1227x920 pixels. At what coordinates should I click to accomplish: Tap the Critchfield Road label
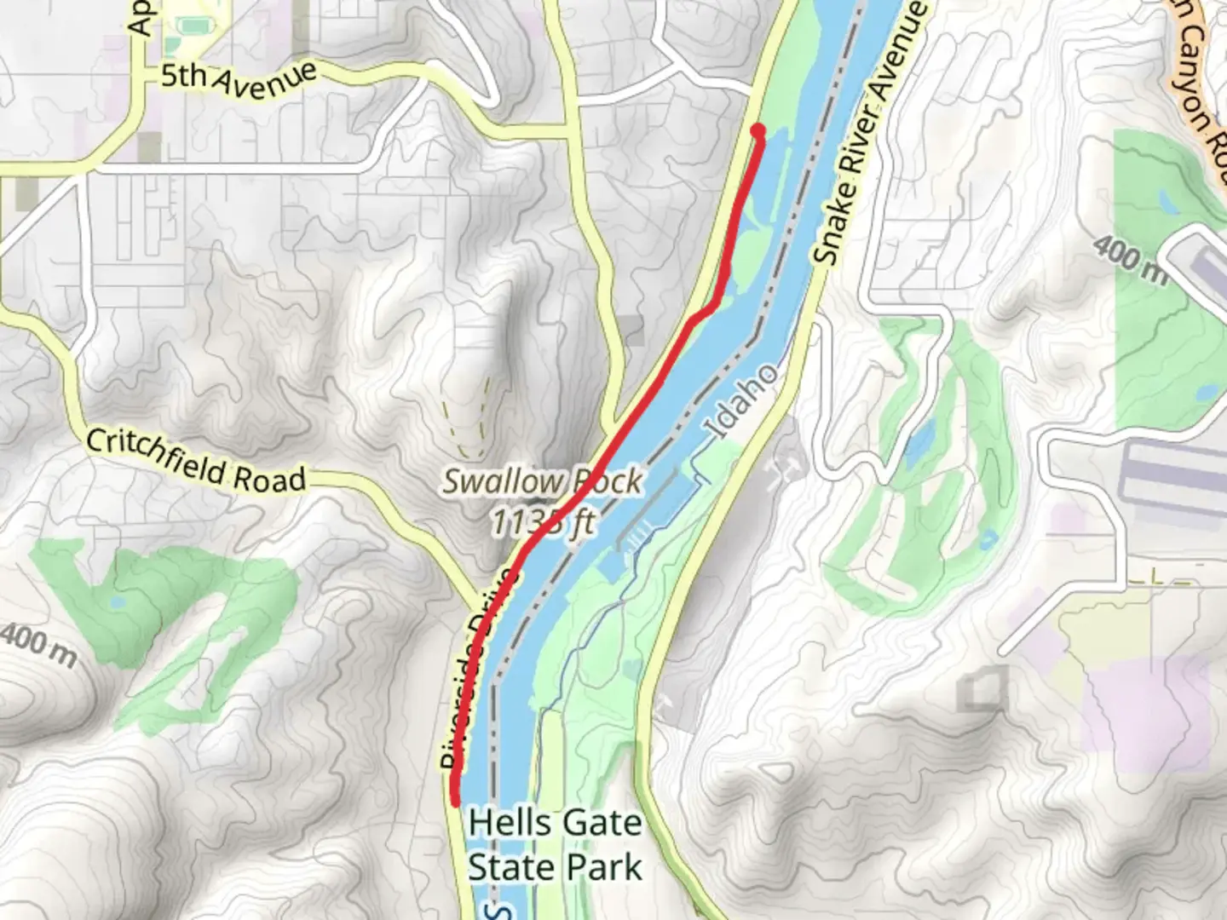(196, 461)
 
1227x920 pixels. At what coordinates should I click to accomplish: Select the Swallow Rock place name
(542, 481)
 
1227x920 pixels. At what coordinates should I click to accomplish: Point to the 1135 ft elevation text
(542, 521)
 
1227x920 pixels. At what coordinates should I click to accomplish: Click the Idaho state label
(742, 402)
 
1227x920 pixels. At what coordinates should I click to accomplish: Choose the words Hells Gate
(555, 823)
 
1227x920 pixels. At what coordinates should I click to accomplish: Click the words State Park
(555, 868)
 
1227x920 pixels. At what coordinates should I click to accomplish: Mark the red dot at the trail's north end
(757, 130)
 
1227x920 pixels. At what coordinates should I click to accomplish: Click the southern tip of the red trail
(455, 801)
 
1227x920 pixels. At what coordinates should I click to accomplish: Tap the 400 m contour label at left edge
(38, 645)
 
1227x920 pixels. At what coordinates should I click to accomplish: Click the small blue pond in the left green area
(118, 602)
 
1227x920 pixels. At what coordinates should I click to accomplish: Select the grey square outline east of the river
(982, 690)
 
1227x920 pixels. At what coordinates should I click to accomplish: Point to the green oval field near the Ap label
(194, 26)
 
